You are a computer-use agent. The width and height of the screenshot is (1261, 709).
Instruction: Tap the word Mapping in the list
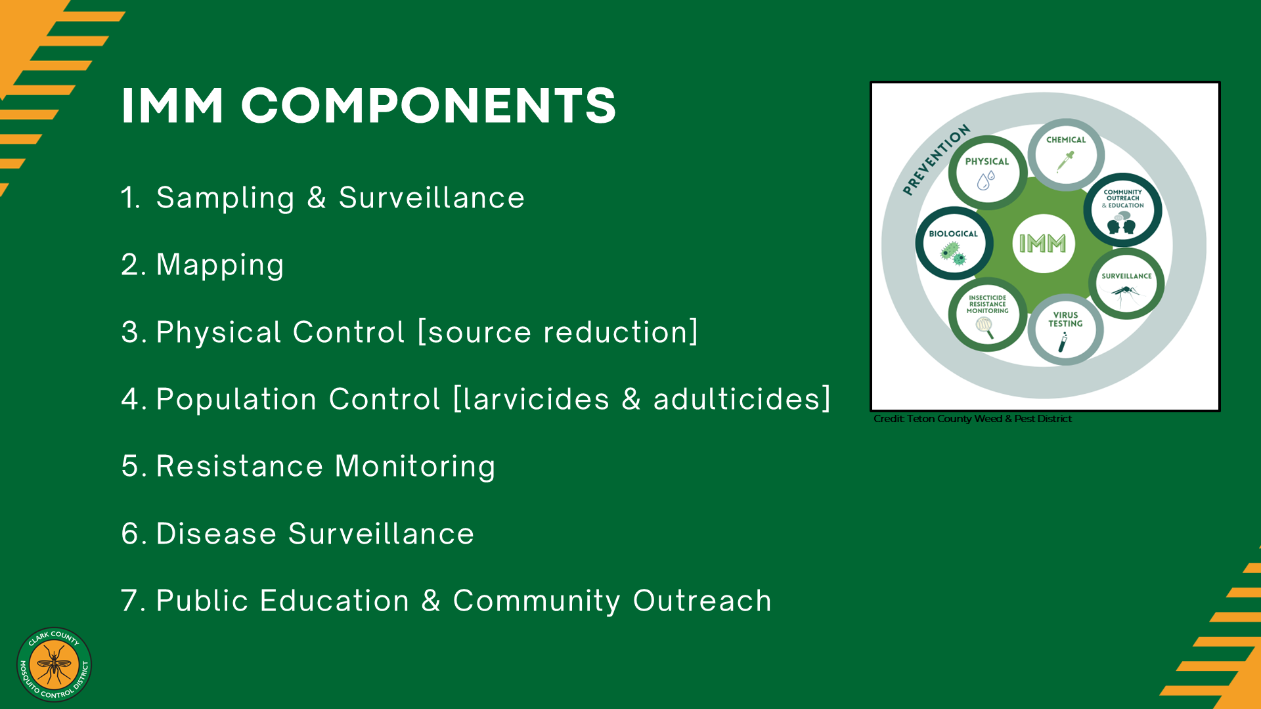220,266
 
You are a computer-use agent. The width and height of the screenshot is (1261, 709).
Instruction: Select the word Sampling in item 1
225,198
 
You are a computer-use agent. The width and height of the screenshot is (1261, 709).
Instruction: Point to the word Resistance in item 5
240,466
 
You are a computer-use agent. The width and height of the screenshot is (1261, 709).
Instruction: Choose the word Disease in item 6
217,533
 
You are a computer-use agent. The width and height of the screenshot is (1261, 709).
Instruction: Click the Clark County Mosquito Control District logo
54,664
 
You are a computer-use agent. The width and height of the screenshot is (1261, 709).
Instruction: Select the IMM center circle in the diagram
1043,244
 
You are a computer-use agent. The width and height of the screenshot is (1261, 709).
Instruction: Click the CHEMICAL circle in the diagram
1066,155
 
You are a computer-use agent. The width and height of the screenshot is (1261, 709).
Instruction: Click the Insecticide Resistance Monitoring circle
987,314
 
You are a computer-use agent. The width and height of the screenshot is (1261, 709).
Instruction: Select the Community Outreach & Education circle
1123,211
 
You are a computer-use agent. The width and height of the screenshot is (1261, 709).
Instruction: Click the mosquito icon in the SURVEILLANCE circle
1126,294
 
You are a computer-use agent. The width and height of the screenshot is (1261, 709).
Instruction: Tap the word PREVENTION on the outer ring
936,160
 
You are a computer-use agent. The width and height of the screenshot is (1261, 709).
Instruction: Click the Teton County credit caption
973,419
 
